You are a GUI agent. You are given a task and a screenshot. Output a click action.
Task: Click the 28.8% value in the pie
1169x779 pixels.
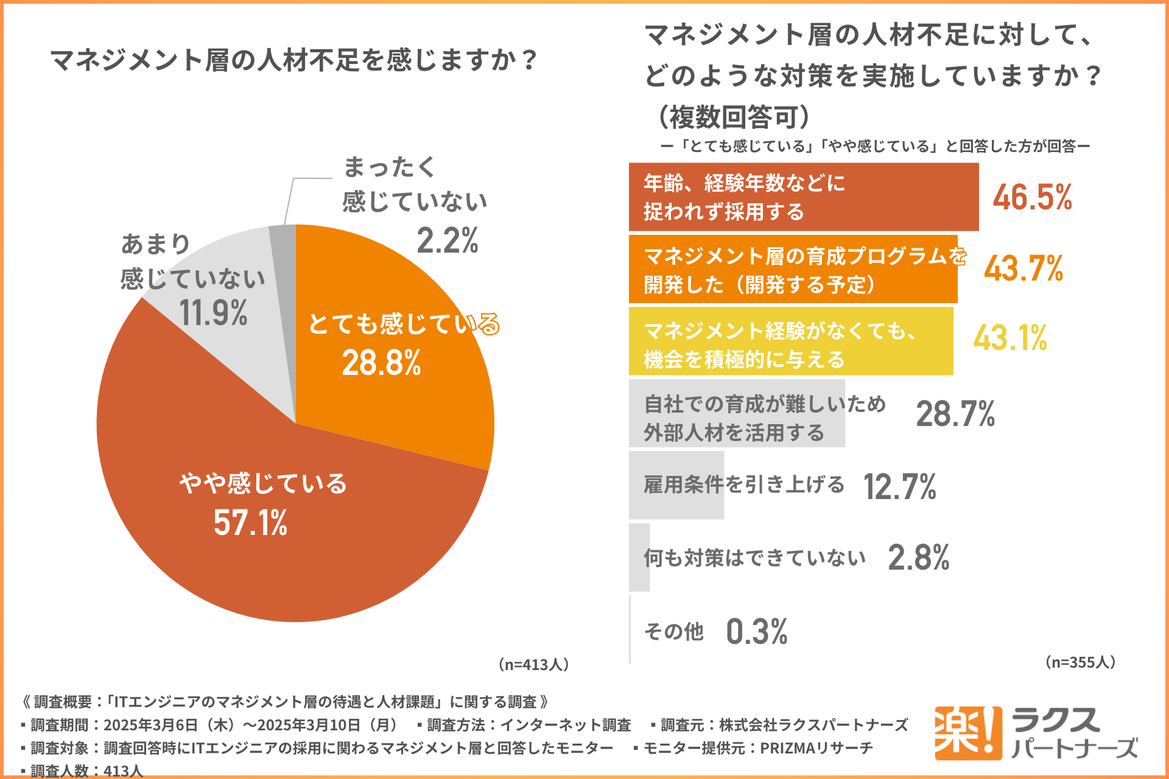381,363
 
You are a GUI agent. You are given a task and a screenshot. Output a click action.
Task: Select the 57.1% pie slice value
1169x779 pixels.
250,523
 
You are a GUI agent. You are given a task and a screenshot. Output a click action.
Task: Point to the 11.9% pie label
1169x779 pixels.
213,313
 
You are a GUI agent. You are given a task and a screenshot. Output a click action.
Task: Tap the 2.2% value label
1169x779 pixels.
447,240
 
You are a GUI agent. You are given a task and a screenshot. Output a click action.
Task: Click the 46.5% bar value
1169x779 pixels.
1032,197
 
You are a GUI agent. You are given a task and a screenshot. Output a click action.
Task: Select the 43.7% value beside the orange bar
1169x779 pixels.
1023,268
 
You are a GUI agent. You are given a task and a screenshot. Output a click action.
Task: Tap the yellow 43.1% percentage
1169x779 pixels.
1010,338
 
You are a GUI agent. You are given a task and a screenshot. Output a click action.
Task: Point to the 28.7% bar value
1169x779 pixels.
955,414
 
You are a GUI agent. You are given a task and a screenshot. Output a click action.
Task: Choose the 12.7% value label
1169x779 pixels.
899,487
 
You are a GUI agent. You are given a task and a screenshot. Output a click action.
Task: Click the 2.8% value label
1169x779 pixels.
918,557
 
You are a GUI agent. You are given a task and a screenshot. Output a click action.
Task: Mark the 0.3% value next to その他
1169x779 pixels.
757,631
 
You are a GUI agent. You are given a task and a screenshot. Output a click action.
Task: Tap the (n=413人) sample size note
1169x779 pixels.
533,664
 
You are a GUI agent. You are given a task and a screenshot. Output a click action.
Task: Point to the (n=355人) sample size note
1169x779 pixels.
1080,662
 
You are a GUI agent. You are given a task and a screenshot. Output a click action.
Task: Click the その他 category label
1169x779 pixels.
673,632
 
